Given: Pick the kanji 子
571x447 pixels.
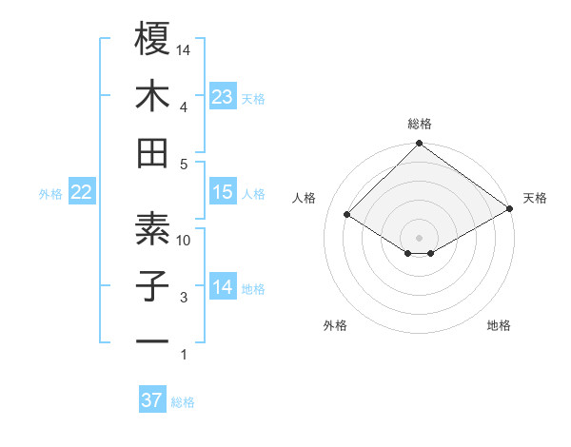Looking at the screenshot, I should [152, 285].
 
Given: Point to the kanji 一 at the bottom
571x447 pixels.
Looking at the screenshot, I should [152, 340].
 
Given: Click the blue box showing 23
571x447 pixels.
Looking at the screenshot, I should [222, 96].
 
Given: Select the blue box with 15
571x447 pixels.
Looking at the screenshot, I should [222, 192].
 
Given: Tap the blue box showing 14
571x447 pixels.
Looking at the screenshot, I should [222, 287].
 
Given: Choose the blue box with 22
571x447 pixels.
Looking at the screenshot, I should [81, 192].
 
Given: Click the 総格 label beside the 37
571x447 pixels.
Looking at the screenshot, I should [183, 402].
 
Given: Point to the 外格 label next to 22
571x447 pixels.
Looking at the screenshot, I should [50, 194].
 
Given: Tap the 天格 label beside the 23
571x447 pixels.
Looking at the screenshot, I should [253, 98].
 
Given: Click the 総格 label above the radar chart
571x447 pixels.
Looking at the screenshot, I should [420, 124].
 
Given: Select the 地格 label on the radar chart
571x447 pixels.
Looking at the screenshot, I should [499, 326].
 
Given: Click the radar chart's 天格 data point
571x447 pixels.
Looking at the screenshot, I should [510, 209].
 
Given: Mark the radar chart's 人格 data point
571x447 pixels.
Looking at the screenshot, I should [347, 214].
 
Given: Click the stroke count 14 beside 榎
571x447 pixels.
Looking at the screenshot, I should [185, 49].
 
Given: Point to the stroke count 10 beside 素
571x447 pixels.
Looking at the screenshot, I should [185, 240].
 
